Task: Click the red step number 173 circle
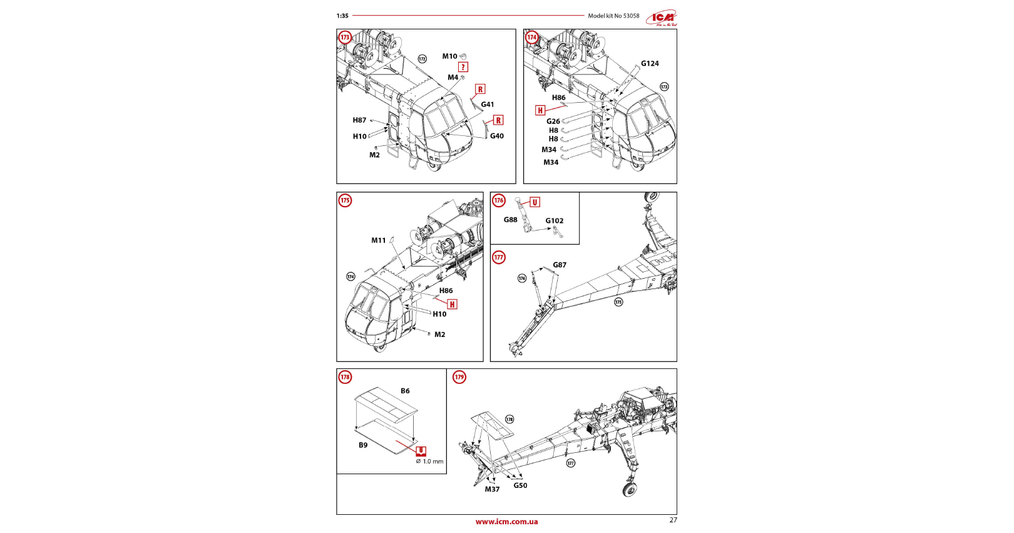point(345,38)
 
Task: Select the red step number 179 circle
point(459,377)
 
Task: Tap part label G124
point(650,63)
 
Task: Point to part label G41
point(488,105)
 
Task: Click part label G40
point(497,136)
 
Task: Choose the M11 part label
point(379,241)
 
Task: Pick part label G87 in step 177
point(560,265)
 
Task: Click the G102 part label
point(554,220)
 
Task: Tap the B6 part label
point(405,391)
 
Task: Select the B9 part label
point(363,445)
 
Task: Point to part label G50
point(520,485)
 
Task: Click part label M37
point(492,489)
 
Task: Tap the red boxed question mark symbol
point(463,67)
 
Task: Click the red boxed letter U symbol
point(535,202)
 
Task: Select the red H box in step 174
point(540,110)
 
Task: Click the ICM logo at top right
point(662,18)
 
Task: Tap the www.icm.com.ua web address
point(506,522)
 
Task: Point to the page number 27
point(673,520)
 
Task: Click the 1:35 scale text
point(342,16)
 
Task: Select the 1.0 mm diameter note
point(430,462)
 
